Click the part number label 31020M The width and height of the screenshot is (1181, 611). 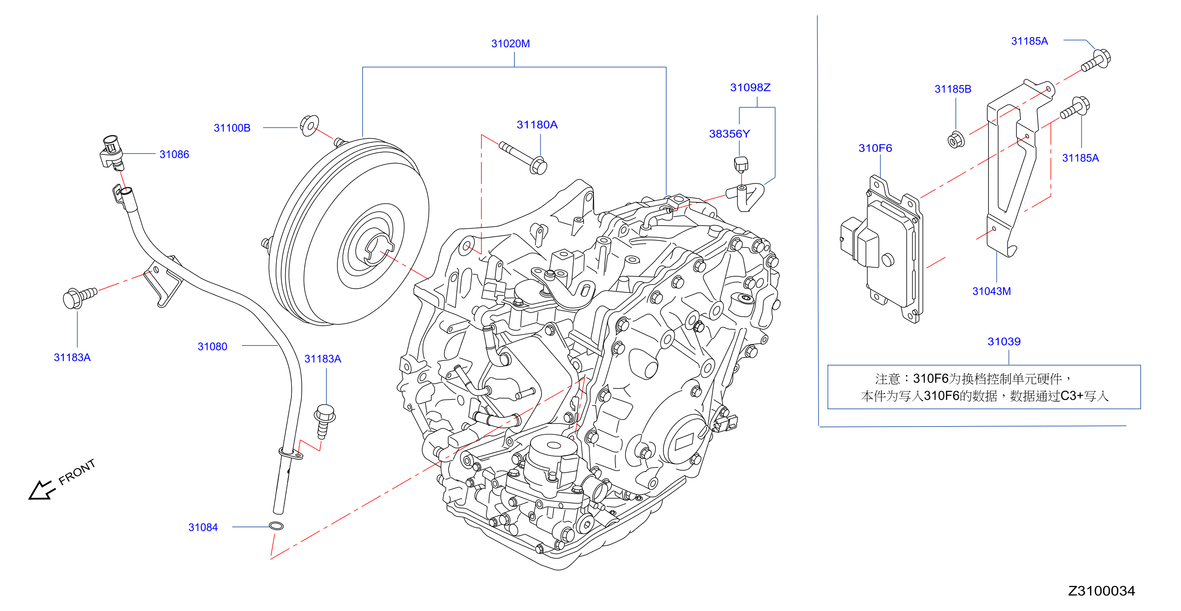point(510,44)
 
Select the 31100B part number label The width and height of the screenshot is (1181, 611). point(232,128)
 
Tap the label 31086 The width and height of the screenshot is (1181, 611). point(174,154)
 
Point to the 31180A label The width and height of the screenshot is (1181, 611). point(537,125)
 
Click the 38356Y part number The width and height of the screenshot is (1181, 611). point(730,134)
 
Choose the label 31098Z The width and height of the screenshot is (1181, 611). point(750,88)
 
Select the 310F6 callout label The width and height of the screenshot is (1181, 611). point(875,148)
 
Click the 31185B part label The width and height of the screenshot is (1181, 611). point(953,89)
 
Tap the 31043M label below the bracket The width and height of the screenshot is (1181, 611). point(992,291)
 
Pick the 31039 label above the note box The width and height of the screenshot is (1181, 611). point(1004,342)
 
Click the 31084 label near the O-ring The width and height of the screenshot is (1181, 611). point(203,527)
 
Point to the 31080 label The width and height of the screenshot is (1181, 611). point(212,347)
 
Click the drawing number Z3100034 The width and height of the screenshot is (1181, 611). point(1101,591)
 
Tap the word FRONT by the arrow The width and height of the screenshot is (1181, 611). point(77,472)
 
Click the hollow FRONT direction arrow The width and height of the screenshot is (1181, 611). point(41,490)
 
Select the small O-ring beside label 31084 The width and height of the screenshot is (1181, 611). point(276,526)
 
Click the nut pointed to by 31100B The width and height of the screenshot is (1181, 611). point(309,125)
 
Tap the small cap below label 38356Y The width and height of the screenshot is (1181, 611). point(741,164)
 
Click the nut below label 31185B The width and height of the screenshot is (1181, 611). point(956,140)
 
